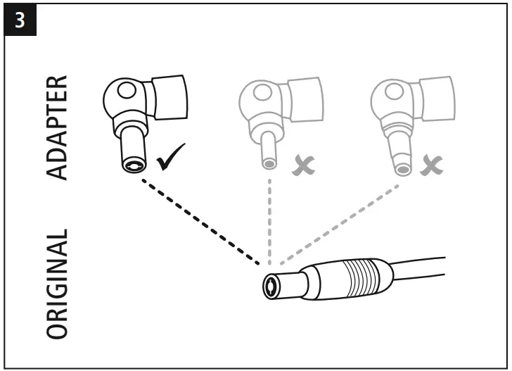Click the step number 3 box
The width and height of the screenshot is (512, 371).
[x=20, y=20]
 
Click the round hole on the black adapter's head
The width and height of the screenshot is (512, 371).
[x=127, y=92]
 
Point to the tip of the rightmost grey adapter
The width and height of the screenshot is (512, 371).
[x=402, y=168]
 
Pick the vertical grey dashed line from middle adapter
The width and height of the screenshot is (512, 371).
[x=270, y=218]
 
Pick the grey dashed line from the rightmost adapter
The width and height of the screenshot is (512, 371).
[x=338, y=222]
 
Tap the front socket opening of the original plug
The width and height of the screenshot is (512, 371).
[x=272, y=287]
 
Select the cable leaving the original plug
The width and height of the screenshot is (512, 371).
[x=422, y=268]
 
